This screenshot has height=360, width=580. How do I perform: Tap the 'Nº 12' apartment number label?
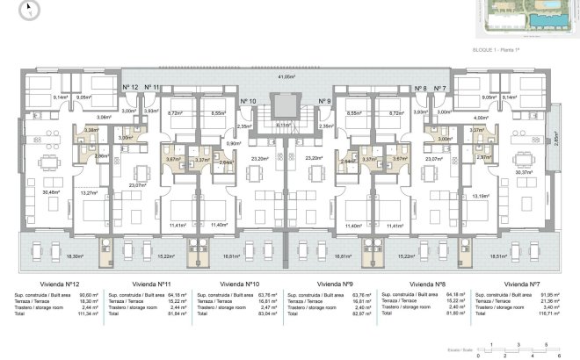pos(130,87)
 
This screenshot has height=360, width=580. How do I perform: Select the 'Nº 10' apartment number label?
pos(248,102)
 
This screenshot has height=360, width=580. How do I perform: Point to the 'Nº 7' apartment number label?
pos(439,87)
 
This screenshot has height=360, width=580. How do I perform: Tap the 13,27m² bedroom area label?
pos(88,192)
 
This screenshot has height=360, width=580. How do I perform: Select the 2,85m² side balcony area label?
pos(555,138)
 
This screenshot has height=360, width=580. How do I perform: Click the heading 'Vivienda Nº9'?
pos(335,284)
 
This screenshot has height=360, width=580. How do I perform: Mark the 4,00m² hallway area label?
pos(480,117)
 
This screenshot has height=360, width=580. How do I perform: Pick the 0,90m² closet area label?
pos(234,143)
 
